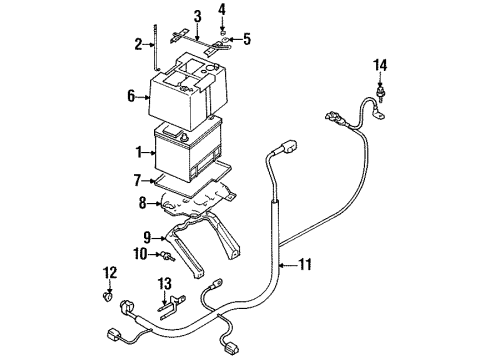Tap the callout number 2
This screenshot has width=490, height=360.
tap(138, 43)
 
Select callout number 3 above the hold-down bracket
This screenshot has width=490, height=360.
tap(197, 16)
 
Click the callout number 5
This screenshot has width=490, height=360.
tap(248, 40)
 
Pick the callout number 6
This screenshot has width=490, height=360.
tap(130, 97)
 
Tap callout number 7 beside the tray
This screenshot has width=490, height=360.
tap(137, 182)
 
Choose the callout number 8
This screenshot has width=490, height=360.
tap(142, 203)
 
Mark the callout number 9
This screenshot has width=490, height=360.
tap(147, 237)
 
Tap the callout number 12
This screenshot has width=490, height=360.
tap(109, 273)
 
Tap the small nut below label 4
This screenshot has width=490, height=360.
tap(221, 30)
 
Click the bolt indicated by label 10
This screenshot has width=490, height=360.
tap(160, 257)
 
